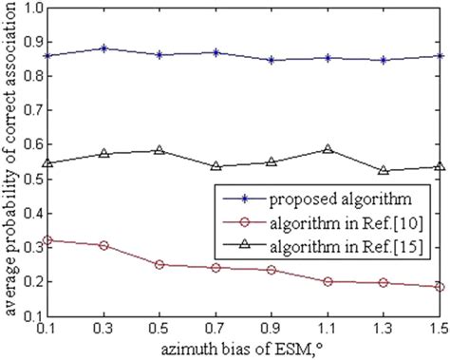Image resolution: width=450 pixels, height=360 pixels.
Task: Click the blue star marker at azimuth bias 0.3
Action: point(103,48)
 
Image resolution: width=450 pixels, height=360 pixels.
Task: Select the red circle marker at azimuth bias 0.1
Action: point(47,240)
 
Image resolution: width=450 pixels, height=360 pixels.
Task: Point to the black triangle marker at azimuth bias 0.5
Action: point(159,150)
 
